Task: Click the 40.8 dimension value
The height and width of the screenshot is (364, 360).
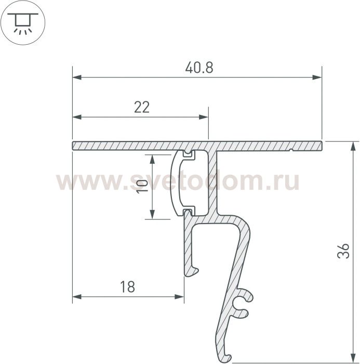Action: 199,68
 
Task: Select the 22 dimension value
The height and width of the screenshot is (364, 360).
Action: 142,107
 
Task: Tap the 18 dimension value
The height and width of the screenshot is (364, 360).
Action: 127,287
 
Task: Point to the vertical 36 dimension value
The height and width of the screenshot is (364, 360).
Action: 343,251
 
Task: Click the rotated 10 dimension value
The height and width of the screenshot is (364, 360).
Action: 142,186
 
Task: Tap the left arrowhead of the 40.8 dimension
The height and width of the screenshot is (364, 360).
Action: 77,77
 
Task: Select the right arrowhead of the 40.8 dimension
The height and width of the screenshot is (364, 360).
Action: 317,77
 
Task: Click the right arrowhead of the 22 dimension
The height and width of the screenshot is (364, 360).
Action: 204,117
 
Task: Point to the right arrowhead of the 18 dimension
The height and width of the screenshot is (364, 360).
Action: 179,297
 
